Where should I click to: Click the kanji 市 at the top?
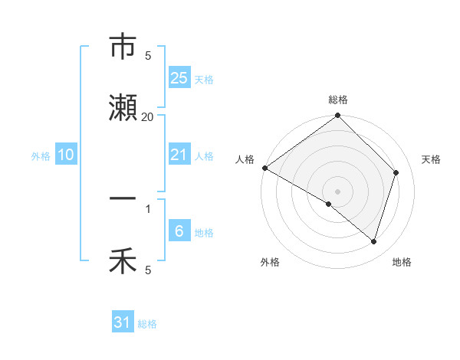(123, 47)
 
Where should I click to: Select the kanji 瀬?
(123, 110)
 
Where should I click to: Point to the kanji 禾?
(123, 263)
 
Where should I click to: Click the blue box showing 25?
(179, 78)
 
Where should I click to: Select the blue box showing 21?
(179, 155)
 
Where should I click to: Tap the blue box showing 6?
(179, 231)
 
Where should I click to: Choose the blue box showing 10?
(66, 155)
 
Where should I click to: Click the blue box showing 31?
(123, 322)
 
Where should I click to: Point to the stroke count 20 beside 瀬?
(148, 116)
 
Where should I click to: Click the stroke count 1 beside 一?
(148, 208)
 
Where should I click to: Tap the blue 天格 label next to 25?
(204, 79)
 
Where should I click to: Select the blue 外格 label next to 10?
(41, 155)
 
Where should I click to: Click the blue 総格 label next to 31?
(147, 323)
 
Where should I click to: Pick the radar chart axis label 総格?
(338, 100)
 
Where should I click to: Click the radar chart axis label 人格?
(245, 159)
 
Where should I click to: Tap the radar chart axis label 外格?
(270, 262)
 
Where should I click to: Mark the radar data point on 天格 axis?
(396, 172)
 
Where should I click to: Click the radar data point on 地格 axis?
(374, 242)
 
